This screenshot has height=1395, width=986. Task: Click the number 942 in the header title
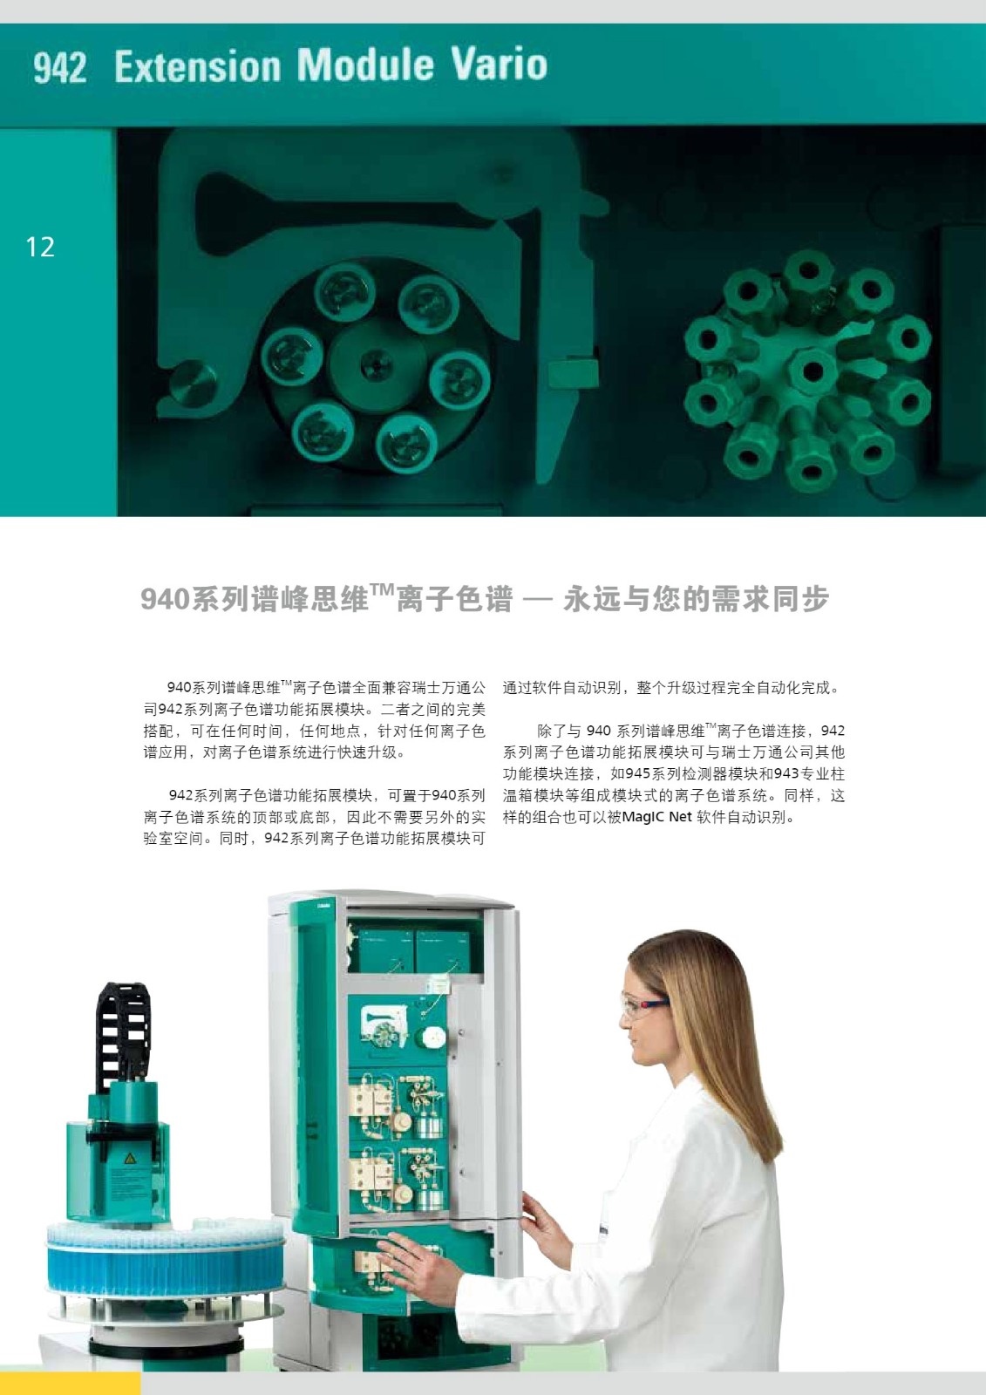(x=60, y=68)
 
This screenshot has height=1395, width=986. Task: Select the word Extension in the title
(x=198, y=66)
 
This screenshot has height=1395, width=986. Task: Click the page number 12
(x=40, y=248)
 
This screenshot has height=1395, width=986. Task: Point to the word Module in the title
(x=366, y=65)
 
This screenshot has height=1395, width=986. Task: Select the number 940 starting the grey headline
(x=165, y=599)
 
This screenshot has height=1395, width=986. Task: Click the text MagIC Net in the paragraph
(x=656, y=816)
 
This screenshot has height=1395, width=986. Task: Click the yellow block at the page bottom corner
(x=71, y=1383)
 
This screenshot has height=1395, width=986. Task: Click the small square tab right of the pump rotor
(x=573, y=375)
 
